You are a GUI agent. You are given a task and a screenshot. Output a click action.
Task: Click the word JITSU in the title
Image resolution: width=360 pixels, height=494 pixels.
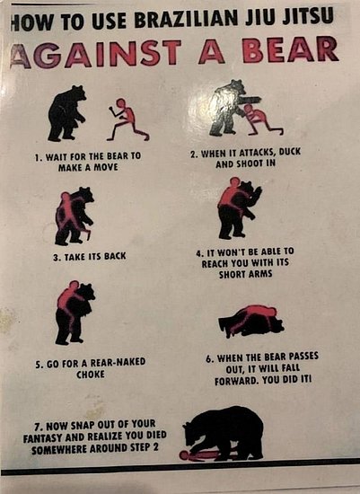point(308,16)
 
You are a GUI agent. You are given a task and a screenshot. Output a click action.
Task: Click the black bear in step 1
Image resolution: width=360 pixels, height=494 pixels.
point(66,113)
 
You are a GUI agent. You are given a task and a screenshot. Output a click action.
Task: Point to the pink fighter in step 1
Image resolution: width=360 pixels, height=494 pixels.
point(127,120)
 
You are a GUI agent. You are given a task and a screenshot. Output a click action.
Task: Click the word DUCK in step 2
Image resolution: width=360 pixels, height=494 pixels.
point(289,152)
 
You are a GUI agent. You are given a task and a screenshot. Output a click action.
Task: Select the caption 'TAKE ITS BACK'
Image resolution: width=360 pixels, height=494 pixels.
point(90,257)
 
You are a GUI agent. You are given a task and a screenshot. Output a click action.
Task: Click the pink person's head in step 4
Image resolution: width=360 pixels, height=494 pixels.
point(234,181)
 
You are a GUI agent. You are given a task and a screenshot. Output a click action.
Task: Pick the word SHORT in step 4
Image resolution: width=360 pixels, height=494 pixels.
point(232,274)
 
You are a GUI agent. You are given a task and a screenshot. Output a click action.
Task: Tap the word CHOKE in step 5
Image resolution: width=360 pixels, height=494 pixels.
point(91,375)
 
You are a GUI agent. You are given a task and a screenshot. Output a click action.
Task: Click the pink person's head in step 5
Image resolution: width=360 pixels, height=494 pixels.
point(75,285)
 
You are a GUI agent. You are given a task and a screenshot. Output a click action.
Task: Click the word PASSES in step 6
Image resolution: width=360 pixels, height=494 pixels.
point(303,357)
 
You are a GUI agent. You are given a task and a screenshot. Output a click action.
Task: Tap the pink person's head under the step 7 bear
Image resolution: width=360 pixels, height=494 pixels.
point(184,455)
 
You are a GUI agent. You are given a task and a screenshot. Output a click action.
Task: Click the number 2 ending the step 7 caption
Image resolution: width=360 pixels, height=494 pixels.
point(155,447)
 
